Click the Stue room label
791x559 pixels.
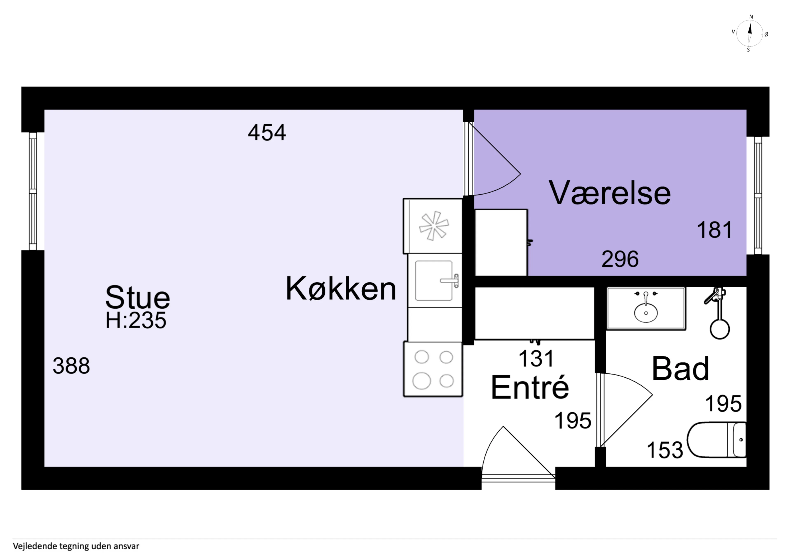pyautogui.click(x=137, y=298)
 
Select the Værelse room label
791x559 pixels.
pyautogui.click(x=610, y=193)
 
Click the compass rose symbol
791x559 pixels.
pyautogui.click(x=750, y=33)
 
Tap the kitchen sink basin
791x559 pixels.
pyautogui.click(x=434, y=280)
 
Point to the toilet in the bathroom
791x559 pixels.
pyautogui.click(x=717, y=440)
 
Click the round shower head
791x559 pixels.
pyautogui.click(x=720, y=329)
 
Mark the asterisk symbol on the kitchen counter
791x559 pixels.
pyautogui.click(x=434, y=226)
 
